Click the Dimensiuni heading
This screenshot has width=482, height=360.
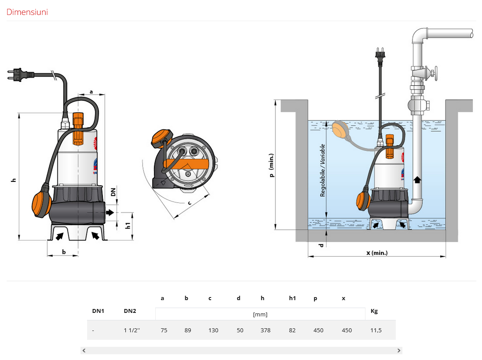click(27, 12)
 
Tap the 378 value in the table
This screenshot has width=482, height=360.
click(265, 330)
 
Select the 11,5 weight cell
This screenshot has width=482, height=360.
click(376, 330)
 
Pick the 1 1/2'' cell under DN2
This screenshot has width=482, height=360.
click(131, 330)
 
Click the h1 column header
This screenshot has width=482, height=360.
click(292, 298)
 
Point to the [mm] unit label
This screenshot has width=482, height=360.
click(260, 315)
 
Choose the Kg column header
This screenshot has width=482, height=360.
click(374, 311)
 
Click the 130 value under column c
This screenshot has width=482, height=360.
click(213, 330)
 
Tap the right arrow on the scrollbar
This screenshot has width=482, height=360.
click(399, 350)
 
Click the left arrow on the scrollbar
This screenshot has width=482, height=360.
click(84, 350)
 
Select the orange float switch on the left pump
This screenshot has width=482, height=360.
click(41, 202)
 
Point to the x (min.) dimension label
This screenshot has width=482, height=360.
click(377, 253)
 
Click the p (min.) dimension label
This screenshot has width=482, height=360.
click(271, 165)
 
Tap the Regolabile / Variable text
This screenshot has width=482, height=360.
click(322, 170)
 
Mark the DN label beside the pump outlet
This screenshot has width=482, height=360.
click(113, 192)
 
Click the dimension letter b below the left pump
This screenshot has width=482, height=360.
click(64, 252)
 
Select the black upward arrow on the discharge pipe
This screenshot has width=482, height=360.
click(417, 180)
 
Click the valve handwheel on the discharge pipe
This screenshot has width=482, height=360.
click(435, 73)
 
